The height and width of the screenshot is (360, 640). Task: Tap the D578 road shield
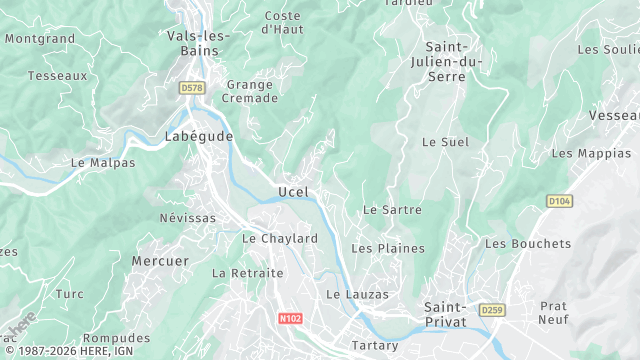(192, 89)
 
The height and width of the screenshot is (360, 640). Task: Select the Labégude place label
(199, 136)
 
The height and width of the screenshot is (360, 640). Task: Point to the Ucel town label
(293, 192)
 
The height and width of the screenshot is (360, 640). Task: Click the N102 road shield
(290, 317)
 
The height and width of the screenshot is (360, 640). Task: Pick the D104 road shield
(560, 202)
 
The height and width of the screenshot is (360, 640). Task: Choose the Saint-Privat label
(452, 315)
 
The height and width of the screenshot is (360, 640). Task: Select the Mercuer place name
(160, 261)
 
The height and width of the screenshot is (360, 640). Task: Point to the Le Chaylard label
(280, 239)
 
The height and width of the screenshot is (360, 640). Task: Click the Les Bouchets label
(528, 244)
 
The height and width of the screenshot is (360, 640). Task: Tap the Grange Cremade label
(249, 93)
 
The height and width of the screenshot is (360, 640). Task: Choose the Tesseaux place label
(58, 76)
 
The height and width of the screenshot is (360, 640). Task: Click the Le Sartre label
(392, 211)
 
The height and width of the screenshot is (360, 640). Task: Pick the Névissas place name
(187, 218)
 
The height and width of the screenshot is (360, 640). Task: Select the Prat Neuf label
(553, 313)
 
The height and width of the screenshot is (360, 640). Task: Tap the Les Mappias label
(592, 154)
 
